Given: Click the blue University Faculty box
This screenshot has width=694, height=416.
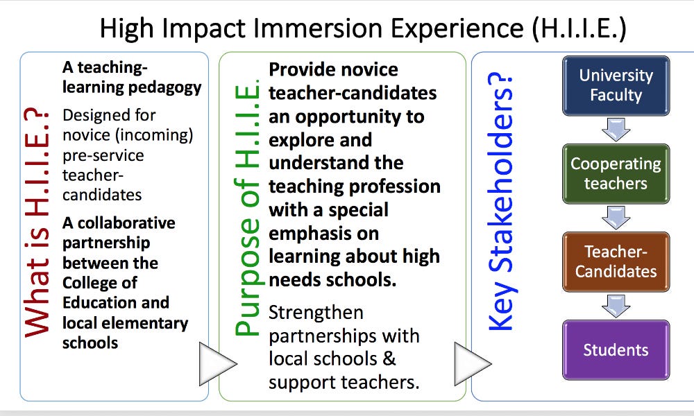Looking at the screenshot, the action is [616, 86].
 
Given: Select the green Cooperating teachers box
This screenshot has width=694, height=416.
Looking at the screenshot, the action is [616, 174].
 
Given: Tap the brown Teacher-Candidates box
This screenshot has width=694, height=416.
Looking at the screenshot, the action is [616, 261].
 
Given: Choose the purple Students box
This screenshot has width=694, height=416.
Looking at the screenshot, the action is [616, 349].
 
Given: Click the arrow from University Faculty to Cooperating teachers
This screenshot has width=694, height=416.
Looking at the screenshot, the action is [616, 130].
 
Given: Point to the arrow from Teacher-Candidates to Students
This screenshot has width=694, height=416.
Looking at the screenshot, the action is [616, 306].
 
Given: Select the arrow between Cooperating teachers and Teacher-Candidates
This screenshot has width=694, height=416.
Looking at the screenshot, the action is [616, 218].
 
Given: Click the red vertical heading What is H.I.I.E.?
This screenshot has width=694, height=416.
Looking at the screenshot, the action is [37, 224].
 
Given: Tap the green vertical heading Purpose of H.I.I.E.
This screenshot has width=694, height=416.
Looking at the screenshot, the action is [247, 208].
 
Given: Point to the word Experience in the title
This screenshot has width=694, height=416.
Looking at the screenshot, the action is [457, 29].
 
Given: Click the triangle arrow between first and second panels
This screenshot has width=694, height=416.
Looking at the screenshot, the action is [217, 363].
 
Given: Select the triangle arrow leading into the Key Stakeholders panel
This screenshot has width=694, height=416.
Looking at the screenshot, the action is [472, 363].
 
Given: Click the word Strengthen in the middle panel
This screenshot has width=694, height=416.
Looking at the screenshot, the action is [316, 313].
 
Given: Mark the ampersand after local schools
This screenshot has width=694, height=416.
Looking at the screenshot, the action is [389, 358].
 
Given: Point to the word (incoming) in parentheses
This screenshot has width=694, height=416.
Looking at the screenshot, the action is [154, 135].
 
